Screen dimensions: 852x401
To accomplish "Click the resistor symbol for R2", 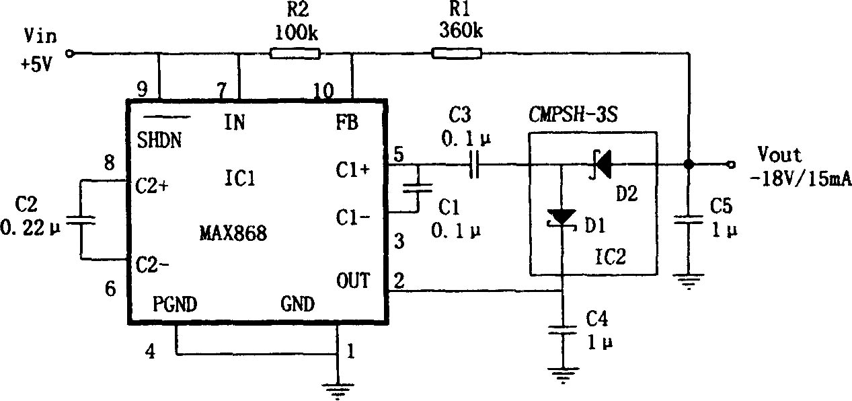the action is coord(295,54).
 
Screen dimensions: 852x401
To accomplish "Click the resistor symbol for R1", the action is coord(457,54).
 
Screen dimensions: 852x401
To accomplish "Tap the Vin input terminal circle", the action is coord(69,54).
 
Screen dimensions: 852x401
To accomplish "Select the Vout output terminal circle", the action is coord(731,164).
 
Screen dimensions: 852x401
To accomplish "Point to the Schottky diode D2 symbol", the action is coord(601,164).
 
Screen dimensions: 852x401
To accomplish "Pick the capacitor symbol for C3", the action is coord(473,164).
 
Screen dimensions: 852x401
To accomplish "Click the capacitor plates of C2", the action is coord(80,220).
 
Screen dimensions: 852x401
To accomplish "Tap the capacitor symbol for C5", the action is coord(689,220).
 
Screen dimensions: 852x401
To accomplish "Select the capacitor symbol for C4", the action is coord(562,330).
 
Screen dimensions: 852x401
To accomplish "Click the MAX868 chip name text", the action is coord(233,233).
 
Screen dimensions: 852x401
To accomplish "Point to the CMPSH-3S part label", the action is coord(573,114).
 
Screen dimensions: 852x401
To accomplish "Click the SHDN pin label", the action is coord(159,140).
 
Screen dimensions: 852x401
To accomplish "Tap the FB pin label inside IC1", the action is coord(347,122).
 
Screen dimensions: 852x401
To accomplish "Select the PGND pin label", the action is coord(175,304).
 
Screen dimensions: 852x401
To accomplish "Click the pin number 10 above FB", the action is coord(323,91).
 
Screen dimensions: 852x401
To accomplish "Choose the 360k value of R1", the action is coord(461,30).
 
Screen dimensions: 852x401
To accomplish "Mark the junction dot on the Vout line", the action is coord(689,164).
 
